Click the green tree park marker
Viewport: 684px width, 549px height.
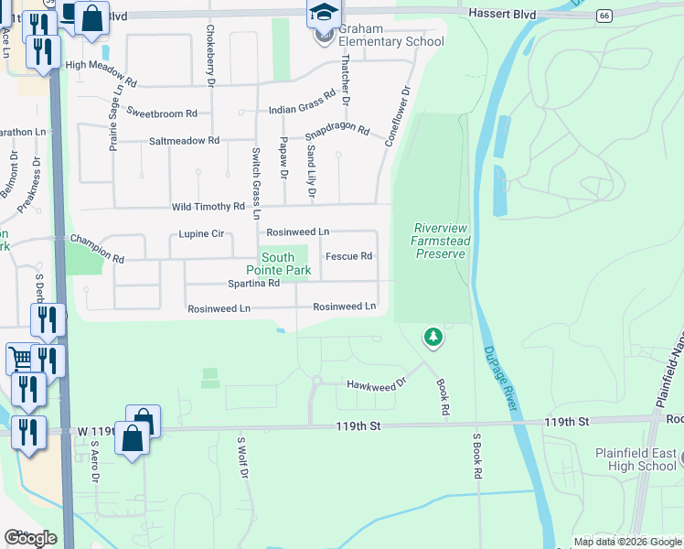433,338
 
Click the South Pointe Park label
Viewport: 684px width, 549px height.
278,264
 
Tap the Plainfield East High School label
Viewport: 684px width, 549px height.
636,459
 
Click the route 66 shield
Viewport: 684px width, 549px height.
604,16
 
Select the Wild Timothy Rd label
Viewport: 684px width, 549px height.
202,207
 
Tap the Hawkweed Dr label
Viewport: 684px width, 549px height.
375,385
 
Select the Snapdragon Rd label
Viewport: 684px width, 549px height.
337,133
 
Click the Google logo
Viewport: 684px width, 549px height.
30,538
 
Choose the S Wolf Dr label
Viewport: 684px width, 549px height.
242,457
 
